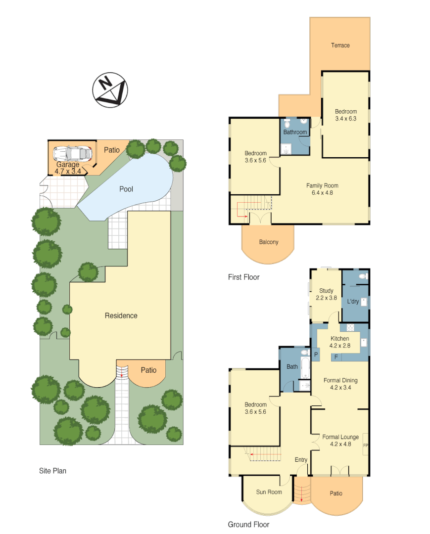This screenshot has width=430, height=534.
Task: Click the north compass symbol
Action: [110, 90]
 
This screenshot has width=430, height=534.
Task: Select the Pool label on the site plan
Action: [126, 189]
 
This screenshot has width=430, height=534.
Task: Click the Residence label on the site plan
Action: [121, 315]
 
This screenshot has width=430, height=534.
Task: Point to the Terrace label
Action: [340, 45]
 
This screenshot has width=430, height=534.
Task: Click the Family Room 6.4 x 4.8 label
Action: [322, 189]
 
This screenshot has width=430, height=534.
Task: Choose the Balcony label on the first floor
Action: [269, 242]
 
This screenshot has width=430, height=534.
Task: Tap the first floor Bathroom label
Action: [295, 133]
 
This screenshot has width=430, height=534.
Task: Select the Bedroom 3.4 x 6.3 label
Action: [346, 115]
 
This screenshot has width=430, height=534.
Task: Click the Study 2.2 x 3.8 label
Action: [326, 295]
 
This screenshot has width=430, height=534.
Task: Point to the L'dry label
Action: [353, 302]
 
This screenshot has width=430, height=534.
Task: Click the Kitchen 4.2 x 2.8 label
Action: [340, 342]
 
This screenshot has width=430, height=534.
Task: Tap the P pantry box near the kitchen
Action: [316, 355]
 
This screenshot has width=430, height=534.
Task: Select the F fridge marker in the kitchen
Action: [336, 356]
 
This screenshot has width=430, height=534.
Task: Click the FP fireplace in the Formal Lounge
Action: [366, 445]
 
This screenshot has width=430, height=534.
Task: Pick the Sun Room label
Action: [269, 492]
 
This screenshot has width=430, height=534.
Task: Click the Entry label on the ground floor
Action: [301, 460]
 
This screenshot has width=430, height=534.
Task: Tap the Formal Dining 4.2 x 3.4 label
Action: [340, 384]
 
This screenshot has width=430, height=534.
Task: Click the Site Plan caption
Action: [52, 471]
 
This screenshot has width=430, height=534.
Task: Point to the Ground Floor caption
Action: [248, 525]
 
